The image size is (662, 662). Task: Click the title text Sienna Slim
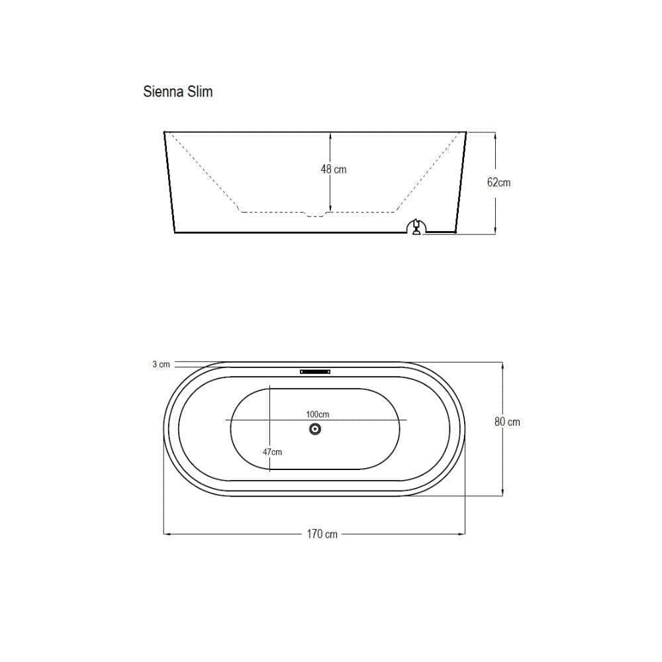point(177,91)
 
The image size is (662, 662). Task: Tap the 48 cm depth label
point(334,169)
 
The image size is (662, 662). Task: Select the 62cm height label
point(498,183)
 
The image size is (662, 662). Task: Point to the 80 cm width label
point(507,422)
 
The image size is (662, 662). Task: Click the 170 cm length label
point(322,534)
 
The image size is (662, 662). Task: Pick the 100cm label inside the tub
point(318,414)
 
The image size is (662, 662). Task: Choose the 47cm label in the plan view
point(272,451)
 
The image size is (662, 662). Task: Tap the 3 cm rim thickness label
point(162,364)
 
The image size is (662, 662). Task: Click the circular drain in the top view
point(315,430)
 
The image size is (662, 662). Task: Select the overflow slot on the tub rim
point(315,371)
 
